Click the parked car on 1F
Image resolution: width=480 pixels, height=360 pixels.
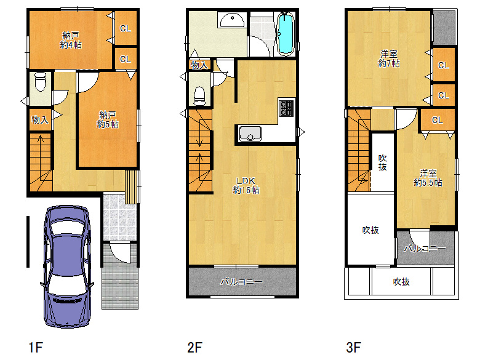point(67,266)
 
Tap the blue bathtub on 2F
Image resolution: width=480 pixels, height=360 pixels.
point(286,34)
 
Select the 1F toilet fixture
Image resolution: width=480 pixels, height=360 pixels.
point(40,81)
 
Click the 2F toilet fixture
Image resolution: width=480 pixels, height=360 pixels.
point(199,96)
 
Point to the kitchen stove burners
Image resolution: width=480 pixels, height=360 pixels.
point(286,108)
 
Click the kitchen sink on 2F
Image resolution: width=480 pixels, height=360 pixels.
point(250,134)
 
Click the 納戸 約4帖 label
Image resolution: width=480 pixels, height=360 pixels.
point(71,40)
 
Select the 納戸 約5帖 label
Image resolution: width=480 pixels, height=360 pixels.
point(108,119)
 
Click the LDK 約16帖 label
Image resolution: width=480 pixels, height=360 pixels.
point(246,185)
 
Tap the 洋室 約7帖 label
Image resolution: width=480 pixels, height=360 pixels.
point(389,58)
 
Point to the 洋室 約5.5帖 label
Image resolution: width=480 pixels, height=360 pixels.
point(428,178)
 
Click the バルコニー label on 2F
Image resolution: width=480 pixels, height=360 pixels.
point(241,281)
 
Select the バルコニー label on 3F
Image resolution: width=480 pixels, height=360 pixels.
point(425,248)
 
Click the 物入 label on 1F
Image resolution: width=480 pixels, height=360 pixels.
point(40,120)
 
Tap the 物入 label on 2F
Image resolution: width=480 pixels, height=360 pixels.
point(199,65)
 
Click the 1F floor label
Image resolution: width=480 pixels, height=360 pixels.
point(36,348)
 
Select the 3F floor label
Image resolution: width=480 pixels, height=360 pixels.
point(353,348)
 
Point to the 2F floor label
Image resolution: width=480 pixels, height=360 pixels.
point(194,348)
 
